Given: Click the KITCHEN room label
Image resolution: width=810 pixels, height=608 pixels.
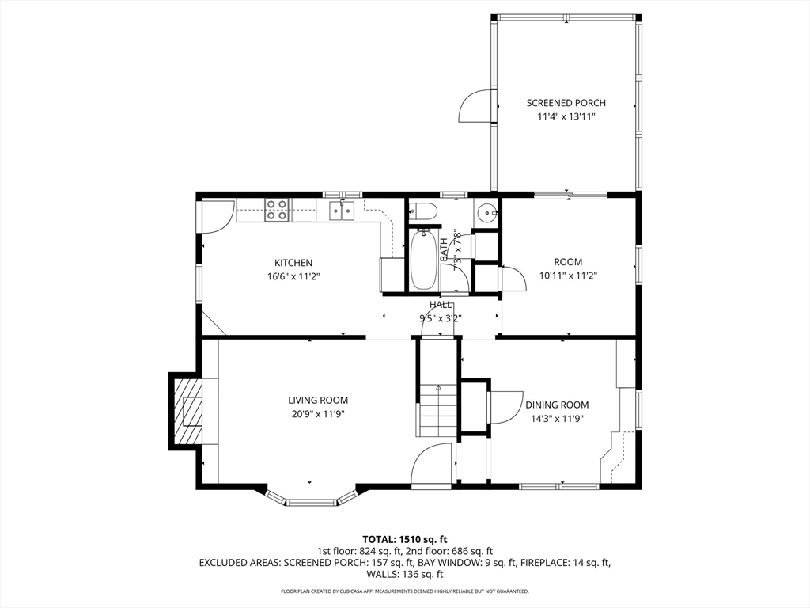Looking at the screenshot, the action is [x=293, y=263].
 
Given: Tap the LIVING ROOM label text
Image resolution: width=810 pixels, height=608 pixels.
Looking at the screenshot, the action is [x=318, y=400].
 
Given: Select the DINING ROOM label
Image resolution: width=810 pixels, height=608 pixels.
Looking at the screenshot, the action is [x=557, y=405].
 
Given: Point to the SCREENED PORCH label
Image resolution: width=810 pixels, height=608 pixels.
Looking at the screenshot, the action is [x=566, y=103].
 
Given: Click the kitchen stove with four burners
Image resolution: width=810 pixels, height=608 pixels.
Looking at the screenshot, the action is [x=276, y=210].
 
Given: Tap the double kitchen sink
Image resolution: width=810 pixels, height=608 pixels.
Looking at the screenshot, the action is [x=342, y=211].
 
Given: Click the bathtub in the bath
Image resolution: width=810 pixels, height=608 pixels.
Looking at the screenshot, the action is [x=422, y=259].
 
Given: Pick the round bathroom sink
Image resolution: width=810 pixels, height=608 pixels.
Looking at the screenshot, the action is [x=486, y=211].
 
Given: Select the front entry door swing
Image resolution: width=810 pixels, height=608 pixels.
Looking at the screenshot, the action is [x=432, y=465].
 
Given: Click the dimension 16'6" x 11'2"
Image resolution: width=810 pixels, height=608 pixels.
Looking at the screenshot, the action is [x=293, y=276].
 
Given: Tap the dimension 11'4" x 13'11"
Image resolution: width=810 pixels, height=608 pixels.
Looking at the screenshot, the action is [x=566, y=117].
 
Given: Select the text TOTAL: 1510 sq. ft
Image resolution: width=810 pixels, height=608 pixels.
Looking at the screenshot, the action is [x=404, y=540].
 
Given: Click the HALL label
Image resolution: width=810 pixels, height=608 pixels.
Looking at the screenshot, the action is [x=441, y=305].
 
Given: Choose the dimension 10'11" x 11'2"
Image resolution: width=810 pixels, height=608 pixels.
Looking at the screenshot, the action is [x=568, y=276].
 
